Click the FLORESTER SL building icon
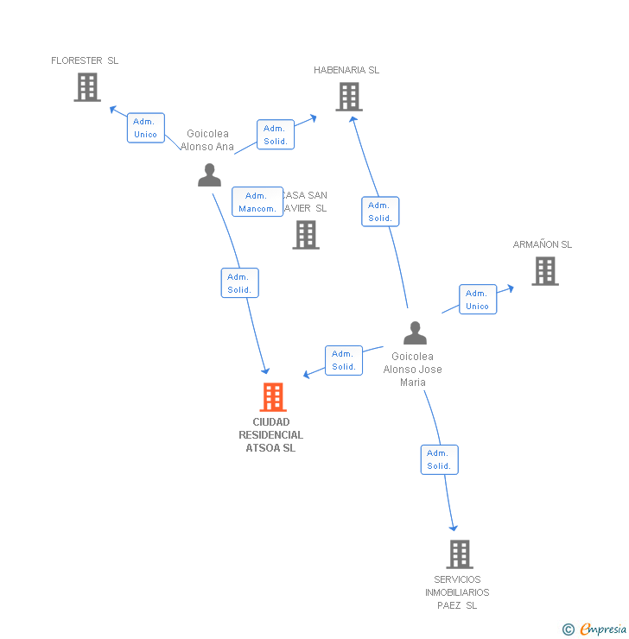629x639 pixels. coord(87,87)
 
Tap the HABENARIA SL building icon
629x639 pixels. coord(348,97)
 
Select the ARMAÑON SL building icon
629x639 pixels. coord(544,271)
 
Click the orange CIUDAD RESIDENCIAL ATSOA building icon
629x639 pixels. coord(273,397)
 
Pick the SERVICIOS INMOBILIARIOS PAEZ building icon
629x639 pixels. coord(460,554)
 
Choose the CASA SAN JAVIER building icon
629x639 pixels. coord(305,235)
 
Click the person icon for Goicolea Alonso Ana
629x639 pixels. coord(209,175)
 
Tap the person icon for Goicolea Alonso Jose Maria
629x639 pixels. coord(415,333)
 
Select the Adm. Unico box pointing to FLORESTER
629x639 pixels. coord(145,128)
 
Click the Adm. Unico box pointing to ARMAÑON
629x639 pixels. coord(477,300)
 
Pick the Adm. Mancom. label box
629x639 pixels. coord(257,202)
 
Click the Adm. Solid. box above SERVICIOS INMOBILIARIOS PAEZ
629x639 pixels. coord(439,459)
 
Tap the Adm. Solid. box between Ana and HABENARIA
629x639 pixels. coord(276,135)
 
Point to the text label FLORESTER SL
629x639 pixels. coord(85,60)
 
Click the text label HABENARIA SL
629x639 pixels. coord(346,70)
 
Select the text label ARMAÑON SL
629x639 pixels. coord(543,244)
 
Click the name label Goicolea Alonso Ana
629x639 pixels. coord(207,140)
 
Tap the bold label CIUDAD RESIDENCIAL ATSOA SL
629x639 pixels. coord(271,435)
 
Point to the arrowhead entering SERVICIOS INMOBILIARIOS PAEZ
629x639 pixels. coord(453,528)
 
